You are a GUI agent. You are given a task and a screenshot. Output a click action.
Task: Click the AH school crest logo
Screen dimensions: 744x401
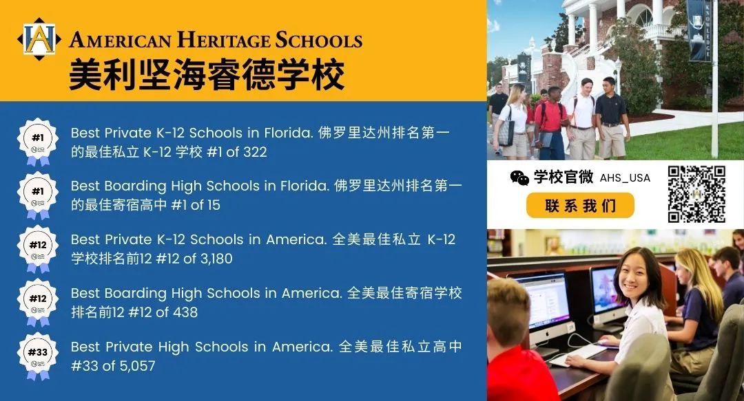coord(39,39)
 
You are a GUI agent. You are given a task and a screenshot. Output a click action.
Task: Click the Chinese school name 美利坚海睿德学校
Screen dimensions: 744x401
coord(207,74)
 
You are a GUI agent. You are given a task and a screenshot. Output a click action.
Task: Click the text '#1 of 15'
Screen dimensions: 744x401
coord(196,205)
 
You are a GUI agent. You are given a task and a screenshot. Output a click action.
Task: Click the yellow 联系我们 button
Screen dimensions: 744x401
coord(580,205)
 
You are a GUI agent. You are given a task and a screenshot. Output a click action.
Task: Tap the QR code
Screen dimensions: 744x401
coord(696,194)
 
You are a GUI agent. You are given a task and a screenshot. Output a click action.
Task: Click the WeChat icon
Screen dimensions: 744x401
coord(519,177)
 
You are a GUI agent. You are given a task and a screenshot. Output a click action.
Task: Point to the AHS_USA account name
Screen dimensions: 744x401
coord(625,178)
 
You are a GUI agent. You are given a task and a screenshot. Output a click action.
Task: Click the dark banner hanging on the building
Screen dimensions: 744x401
coord(699,30)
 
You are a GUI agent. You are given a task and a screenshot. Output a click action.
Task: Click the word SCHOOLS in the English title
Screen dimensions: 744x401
coord(319,40)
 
